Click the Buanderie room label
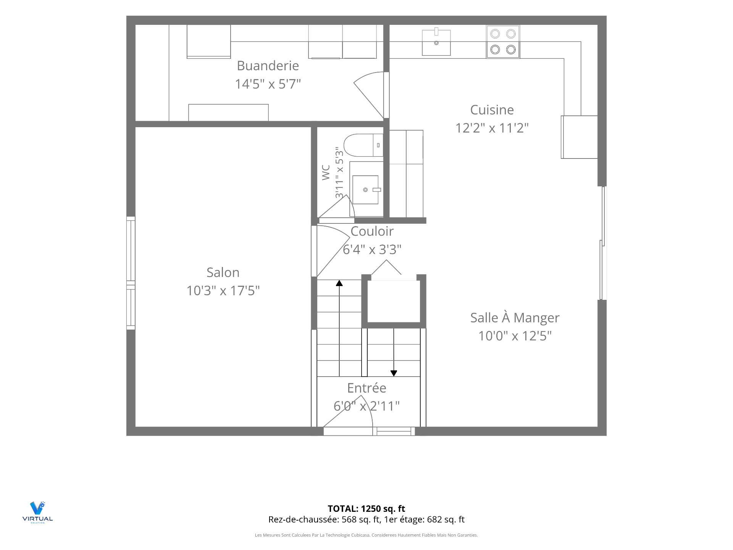click(268, 66)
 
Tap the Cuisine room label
click(492, 110)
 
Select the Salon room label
click(223, 273)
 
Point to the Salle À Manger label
click(515, 318)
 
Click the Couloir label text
click(372, 231)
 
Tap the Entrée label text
click(366, 388)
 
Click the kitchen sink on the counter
click(436, 42)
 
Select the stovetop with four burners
click(503, 42)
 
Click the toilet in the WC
click(363, 145)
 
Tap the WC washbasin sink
click(365, 190)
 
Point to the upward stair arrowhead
click(339, 283)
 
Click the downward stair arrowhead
click(394, 373)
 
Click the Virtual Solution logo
click(37, 512)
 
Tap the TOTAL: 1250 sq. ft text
click(366, 509)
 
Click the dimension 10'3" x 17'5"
click(223, 291)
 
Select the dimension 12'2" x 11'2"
click(492, 128)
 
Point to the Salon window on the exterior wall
click(131, 273)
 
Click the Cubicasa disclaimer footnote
click(366, 535)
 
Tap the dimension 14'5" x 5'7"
click(268, 84)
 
